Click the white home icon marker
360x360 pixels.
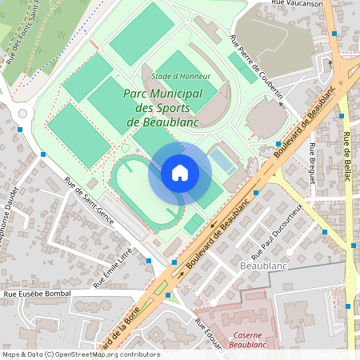coord(180,173)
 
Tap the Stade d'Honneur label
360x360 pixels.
coord(181,77)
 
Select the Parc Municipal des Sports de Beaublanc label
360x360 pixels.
coord(163,108)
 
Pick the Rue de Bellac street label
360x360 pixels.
coord(347,153)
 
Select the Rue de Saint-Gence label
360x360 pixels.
coord(89,200)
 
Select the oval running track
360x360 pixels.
coord(144,192)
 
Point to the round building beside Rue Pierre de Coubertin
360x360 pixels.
coord(266,120)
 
